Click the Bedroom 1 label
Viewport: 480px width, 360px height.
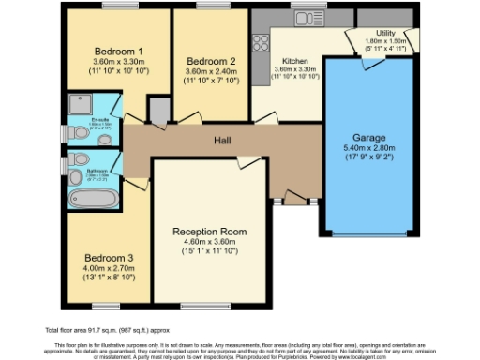coord(118,52)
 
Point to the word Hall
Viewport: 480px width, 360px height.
coord(221,142)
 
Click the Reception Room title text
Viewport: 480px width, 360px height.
coord(208,232)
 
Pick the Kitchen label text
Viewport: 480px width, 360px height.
coord(294,59)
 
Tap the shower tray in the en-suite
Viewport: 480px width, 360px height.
coord(79,106)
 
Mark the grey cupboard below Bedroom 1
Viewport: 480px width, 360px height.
coord(160,112)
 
